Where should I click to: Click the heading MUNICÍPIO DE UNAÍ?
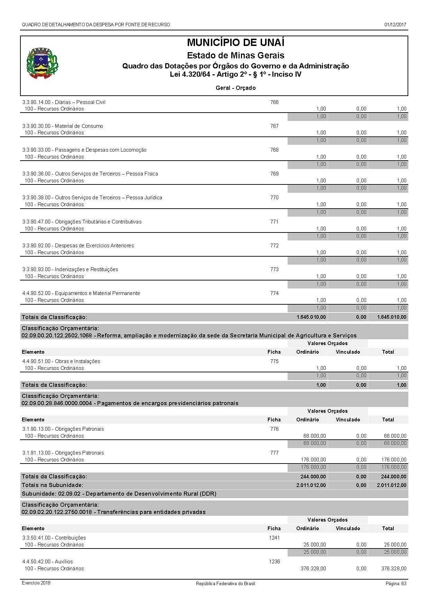235,42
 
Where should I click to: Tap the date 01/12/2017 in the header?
395,25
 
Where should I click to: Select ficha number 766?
274,102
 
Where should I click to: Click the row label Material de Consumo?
63,126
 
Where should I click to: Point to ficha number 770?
274,198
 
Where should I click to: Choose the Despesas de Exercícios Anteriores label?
78,246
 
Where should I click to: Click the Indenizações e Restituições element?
70,269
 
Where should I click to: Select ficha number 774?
274,293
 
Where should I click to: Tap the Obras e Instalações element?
61,361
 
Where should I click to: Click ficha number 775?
274,361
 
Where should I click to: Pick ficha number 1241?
274,538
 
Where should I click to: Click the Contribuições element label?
54,538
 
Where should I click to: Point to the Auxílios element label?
48,562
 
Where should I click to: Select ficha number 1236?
274,562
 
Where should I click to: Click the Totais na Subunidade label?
53,485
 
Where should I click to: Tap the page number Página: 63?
396,583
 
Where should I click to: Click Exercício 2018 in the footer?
36,583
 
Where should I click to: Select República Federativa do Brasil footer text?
225,583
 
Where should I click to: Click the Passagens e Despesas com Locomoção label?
84,150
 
